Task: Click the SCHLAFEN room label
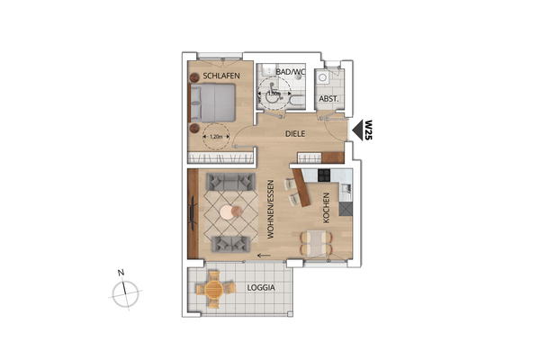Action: pos(220,76)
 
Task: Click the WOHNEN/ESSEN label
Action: pos(269,209)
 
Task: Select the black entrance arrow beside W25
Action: pos(357,131)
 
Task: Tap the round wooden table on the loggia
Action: pos(214,289)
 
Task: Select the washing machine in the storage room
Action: pos(334,77)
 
